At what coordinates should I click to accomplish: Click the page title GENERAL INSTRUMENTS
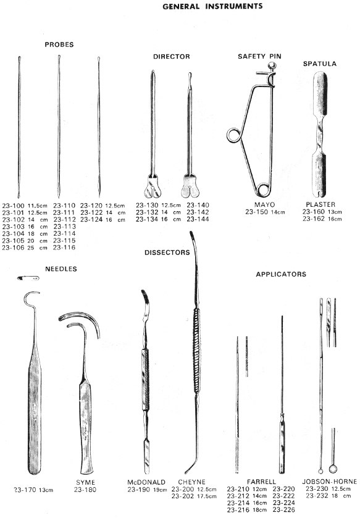click(x=212, y=6)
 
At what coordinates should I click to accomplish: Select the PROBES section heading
click(x=59, y=44)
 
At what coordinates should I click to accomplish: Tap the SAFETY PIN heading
click(x=259, y=56)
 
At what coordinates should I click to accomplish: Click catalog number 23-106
click(x=13, y=248)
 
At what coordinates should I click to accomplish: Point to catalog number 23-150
click(x=257, y=212)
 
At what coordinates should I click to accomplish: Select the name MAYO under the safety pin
click(x=264, y=205)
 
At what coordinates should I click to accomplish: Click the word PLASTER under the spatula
click(x=320, y=204)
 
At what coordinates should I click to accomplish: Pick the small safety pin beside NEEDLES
click(x=28, y=278)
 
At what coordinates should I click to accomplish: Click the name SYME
click(x=86, y=483)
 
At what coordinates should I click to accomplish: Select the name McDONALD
click(x=146, y=482)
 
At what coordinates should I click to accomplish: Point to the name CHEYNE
click(x=191, y=482)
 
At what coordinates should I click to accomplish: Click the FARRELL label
click(x=261, y=482)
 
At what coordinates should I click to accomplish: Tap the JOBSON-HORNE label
click(x=330, y=482)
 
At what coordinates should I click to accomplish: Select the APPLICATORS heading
click(x=281, y=274)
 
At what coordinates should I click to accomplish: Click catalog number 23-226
click(x=283, y=510)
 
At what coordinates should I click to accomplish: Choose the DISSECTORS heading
click(x=167, y=253)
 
